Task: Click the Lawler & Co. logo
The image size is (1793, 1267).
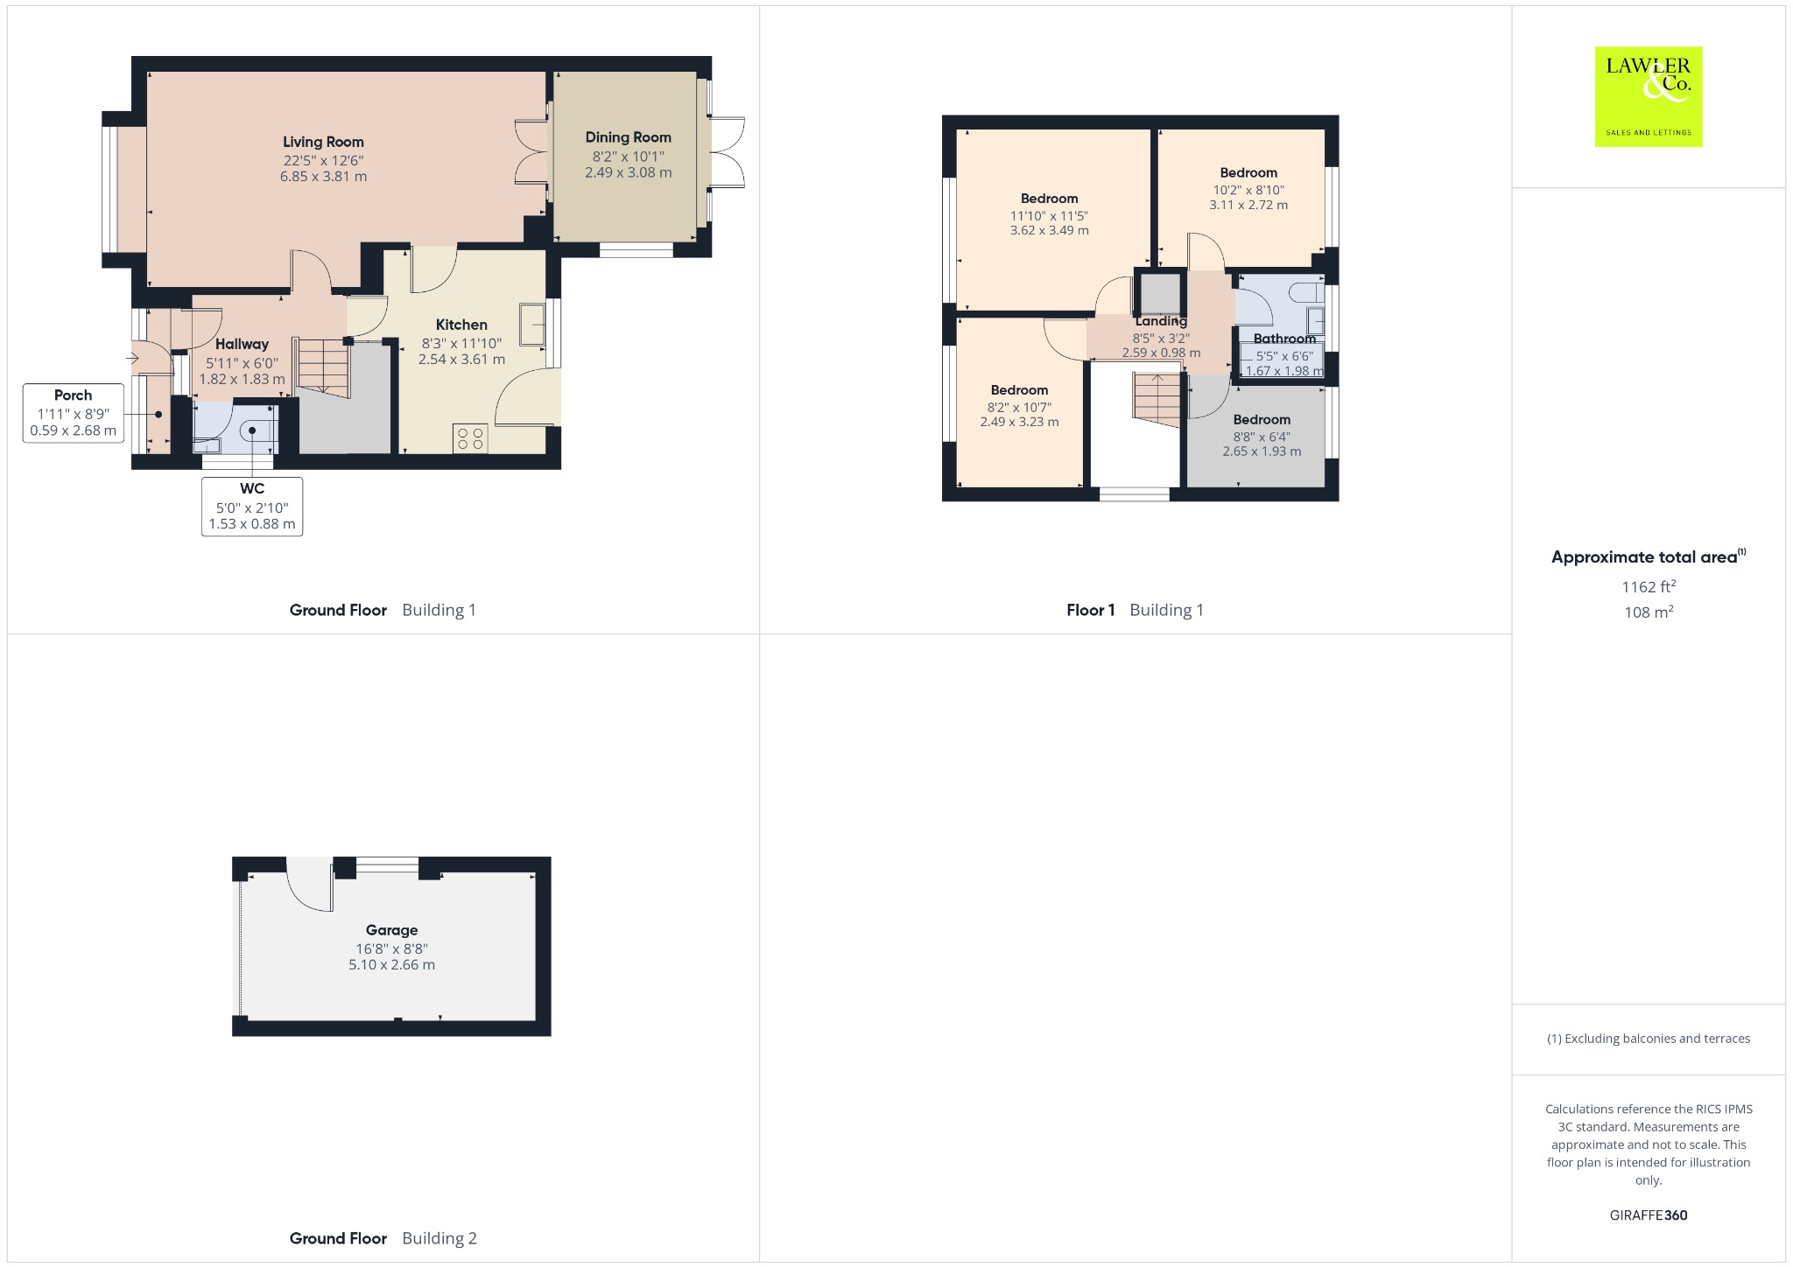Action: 1649,96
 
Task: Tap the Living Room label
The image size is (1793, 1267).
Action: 323,142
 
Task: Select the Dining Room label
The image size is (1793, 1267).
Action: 629,137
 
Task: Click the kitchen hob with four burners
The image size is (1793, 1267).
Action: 470,437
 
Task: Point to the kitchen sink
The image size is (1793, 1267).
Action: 532,325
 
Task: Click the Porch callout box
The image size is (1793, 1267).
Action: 74,413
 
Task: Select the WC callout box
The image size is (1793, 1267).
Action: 252,507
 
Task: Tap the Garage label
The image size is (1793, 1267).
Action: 391,930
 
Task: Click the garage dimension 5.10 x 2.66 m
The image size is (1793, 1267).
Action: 391,965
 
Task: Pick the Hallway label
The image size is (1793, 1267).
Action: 242,344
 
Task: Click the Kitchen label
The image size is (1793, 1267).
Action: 461,325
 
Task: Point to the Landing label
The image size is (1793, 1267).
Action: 1161,321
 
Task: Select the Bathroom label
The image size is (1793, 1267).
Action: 1284,339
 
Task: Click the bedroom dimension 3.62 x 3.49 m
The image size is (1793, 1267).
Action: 1049,231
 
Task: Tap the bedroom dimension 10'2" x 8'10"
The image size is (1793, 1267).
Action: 1248,190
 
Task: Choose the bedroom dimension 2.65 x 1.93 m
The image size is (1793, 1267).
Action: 1262,451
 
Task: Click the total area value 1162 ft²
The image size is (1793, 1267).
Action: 1649,586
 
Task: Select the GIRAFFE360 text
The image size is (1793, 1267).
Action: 1649,1215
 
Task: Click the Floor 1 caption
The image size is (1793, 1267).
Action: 1090,610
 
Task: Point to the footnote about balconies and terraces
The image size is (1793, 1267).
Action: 1649,1039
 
